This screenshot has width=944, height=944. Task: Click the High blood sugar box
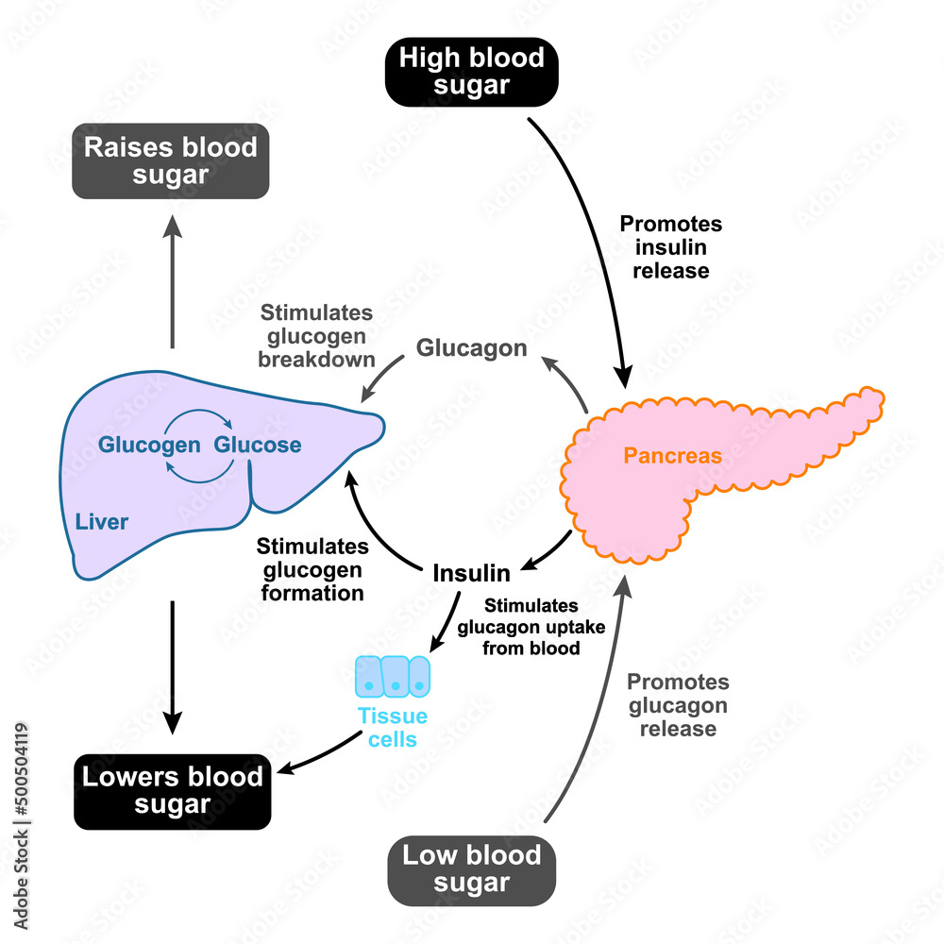click(471, 72)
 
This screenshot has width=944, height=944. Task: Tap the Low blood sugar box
click(471, 869)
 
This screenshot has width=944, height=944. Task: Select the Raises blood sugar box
click(170, 161)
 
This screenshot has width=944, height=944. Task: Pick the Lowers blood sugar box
click(172, 790)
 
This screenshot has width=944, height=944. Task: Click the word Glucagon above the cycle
click(471, 348)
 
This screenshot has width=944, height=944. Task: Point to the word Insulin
click(471, 573)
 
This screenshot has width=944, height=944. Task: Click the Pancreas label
click(672, 456)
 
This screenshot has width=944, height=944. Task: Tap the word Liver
click(102, 521)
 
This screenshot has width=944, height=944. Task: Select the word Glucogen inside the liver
click(149, 445)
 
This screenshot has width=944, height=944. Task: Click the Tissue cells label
click(393, 727)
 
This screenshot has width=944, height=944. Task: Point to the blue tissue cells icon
click(393, 676)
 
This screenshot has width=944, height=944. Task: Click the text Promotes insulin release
click(670, 247)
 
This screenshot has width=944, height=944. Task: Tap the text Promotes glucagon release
click(678, 705)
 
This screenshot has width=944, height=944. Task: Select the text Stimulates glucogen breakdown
click(317, 335)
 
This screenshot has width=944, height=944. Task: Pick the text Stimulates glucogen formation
click(312, 569)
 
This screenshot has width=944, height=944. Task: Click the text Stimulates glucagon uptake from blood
click(531, 627)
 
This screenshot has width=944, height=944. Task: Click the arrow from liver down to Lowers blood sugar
click(172, 666)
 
